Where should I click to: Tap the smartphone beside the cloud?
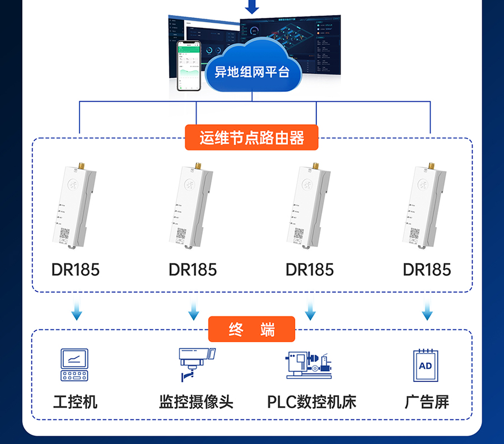pos(189,65)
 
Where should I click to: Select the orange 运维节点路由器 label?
pos(251,138)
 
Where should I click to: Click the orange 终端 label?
pos(251,329)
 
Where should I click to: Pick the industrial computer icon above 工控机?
pos(74,365)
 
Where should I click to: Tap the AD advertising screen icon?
pos(426,366)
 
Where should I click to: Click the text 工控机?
pos(75,402)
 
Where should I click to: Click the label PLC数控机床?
pos(311,402)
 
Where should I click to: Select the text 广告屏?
pos(427,402)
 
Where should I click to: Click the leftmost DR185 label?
pos(75,270)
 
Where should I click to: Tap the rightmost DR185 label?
pos(427,270)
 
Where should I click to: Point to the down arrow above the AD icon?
pos(427,310)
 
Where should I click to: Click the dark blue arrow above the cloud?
pos(253,7)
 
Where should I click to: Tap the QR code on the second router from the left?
pos(182,234)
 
